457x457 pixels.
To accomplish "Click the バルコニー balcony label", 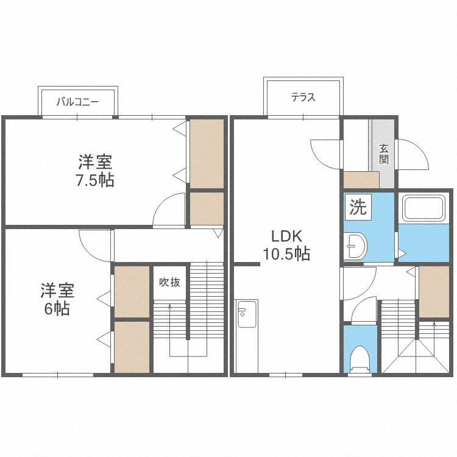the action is (x=77, y=102).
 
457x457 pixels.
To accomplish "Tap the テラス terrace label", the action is (x=303, y=97).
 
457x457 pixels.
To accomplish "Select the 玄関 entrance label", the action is (x=383, y=154).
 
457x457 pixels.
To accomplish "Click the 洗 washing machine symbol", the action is (x=358, y=207).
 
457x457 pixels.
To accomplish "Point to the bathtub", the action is (x=423, y=208).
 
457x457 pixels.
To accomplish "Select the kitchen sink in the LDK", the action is (x=247, y=314).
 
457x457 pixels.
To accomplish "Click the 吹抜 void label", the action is (x=169, y=282).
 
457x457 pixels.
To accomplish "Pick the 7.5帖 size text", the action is (x=95, y=180).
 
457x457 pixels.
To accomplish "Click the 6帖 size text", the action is (x=57, y=309).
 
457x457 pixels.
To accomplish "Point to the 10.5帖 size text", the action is (x=286, y=253).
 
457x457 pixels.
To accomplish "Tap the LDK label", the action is (x=286, y=236).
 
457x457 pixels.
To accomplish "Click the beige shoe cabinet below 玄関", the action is (x=361, y=180).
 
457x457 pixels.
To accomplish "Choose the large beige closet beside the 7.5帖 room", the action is (x=207, y=154).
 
